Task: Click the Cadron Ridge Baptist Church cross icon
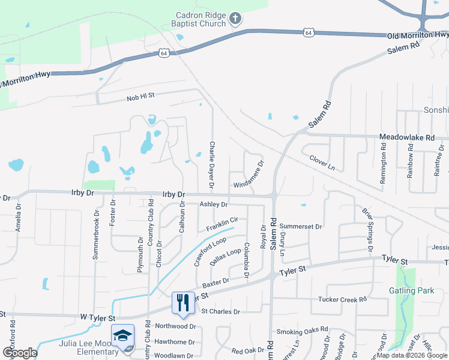point(235,19)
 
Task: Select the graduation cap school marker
point(122,335)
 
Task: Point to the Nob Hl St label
point(140,96)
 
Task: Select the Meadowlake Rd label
point(407,137)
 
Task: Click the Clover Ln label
point(322,161)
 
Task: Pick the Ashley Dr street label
point(214,205)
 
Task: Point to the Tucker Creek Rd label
point(342,299)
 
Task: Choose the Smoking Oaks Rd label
point(302,331)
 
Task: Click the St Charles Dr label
point(220,311)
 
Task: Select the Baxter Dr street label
point(215,281)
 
